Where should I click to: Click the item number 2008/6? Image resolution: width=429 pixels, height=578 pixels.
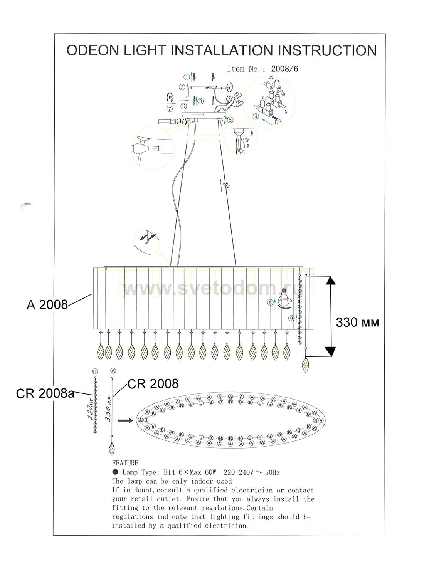[x=284, y=69]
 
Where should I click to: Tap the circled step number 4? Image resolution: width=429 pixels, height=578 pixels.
[x=256, y=116]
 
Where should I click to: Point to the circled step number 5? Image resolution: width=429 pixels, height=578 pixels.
[x=230, y=120]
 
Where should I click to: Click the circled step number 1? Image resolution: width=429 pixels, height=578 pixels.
[x=187, y=77]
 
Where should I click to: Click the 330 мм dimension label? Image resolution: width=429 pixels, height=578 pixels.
[x=357, y=322]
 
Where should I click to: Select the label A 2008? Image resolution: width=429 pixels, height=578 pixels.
[x=47, y=305]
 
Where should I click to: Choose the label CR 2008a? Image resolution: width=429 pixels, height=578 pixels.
[x=45, y=393]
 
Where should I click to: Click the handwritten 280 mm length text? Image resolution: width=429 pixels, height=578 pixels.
[x=90, y=410]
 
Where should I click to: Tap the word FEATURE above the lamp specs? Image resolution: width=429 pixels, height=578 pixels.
[x=125, y=463]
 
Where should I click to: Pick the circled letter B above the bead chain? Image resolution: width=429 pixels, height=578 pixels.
[x=95, y=371]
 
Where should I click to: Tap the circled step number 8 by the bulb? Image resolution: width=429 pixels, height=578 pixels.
[x=271, y=303]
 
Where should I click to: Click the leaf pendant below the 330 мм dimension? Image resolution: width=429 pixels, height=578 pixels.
[x=306, y=365]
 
